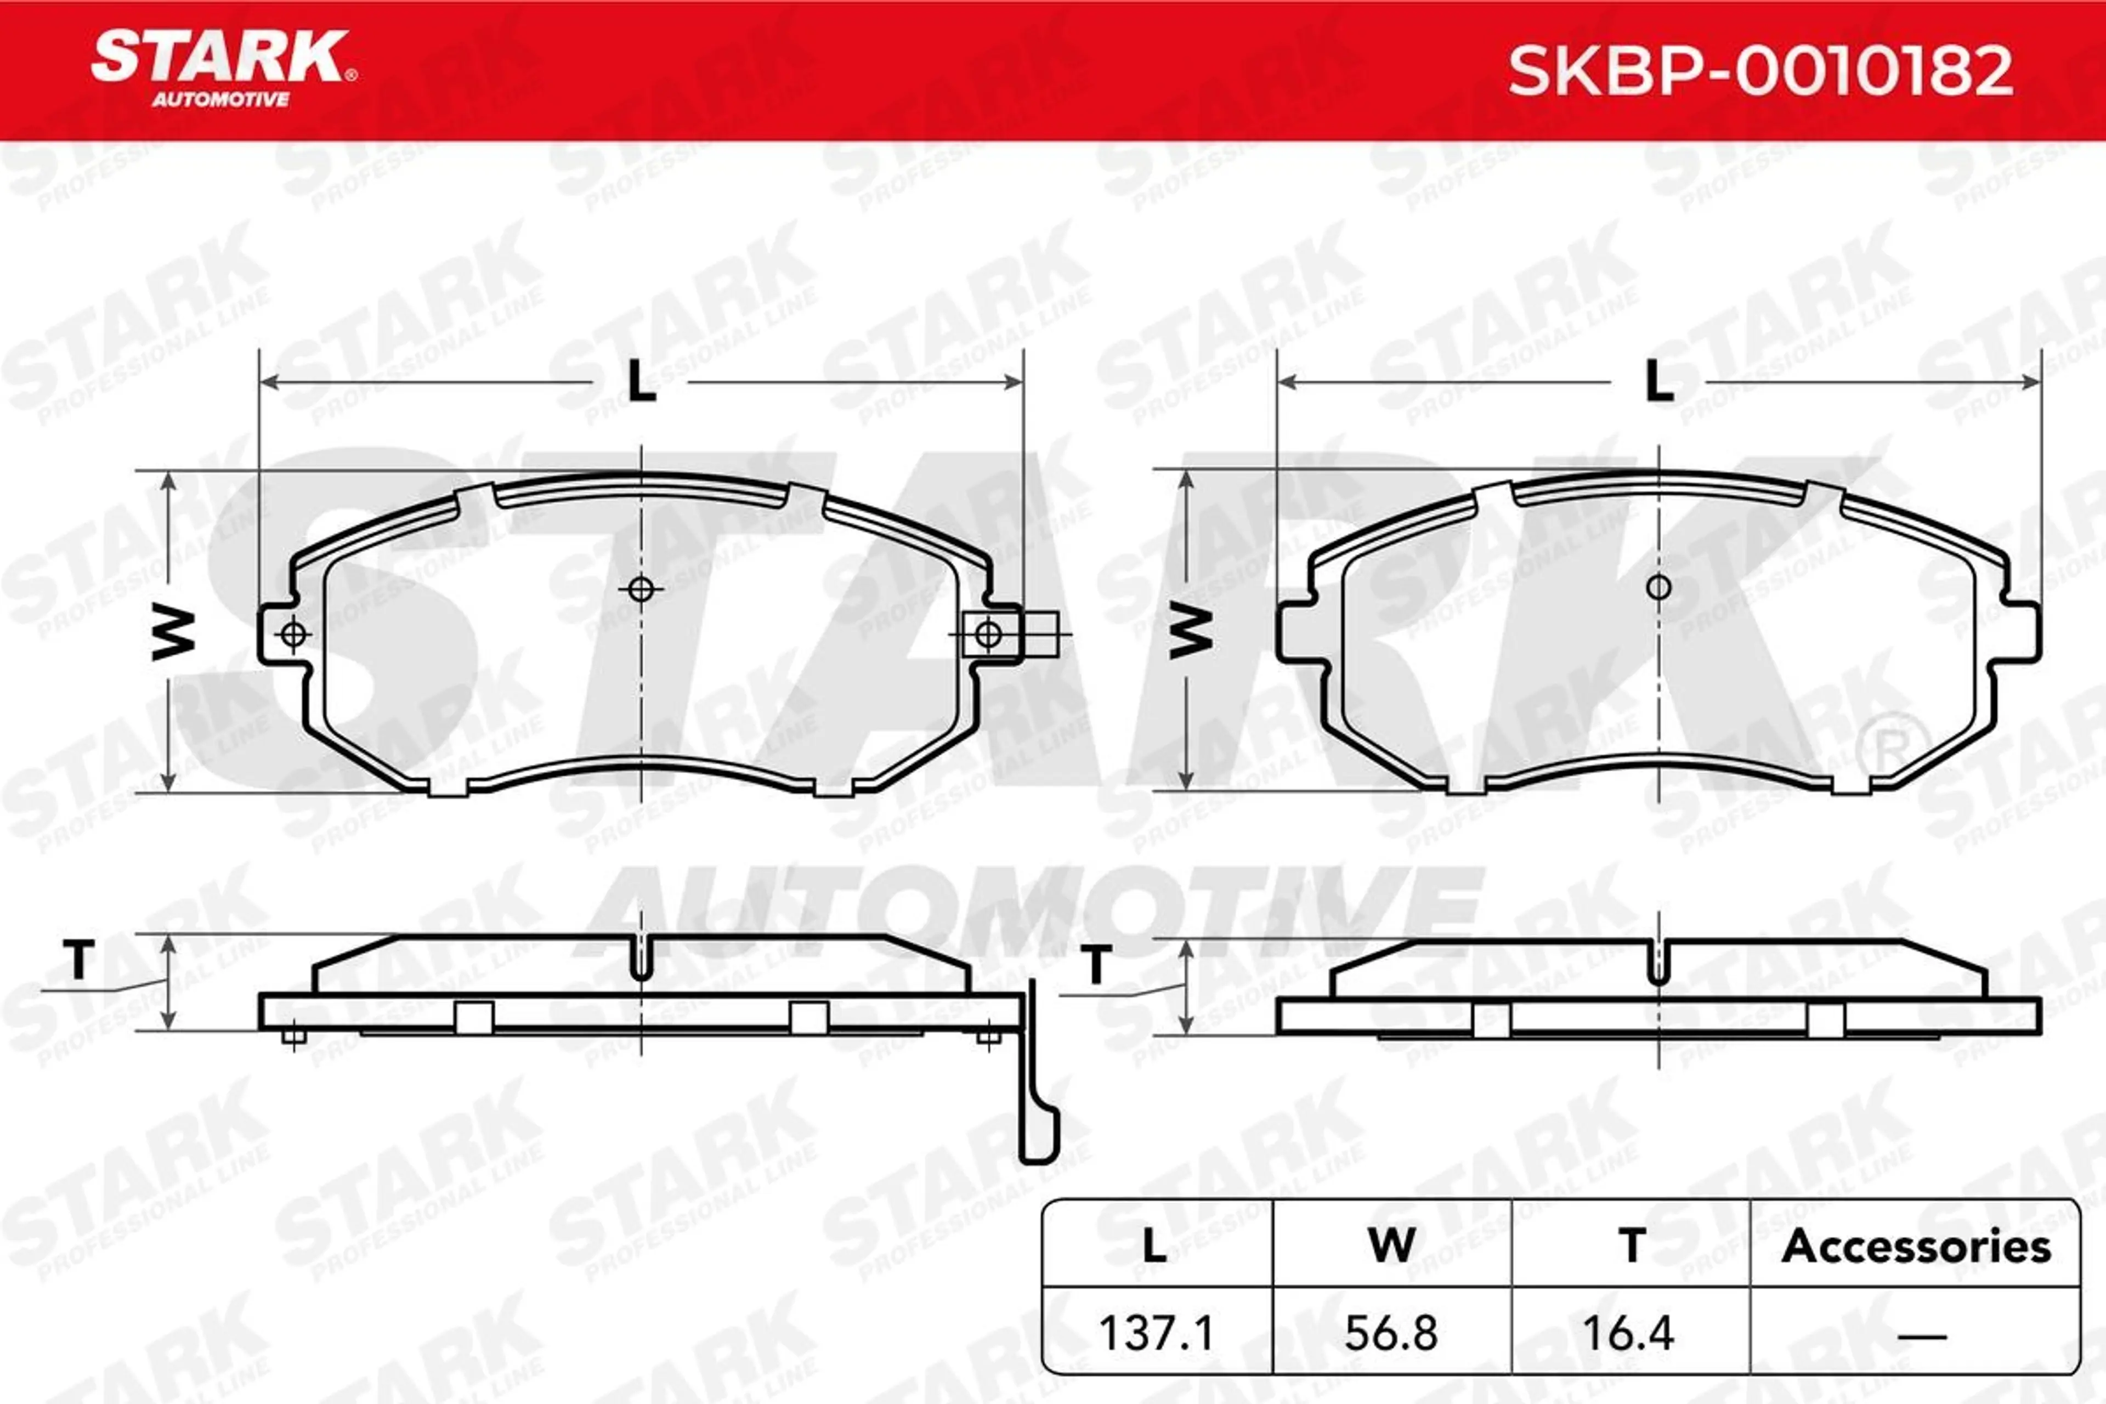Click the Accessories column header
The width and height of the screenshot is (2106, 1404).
tap(1916, 1247)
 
